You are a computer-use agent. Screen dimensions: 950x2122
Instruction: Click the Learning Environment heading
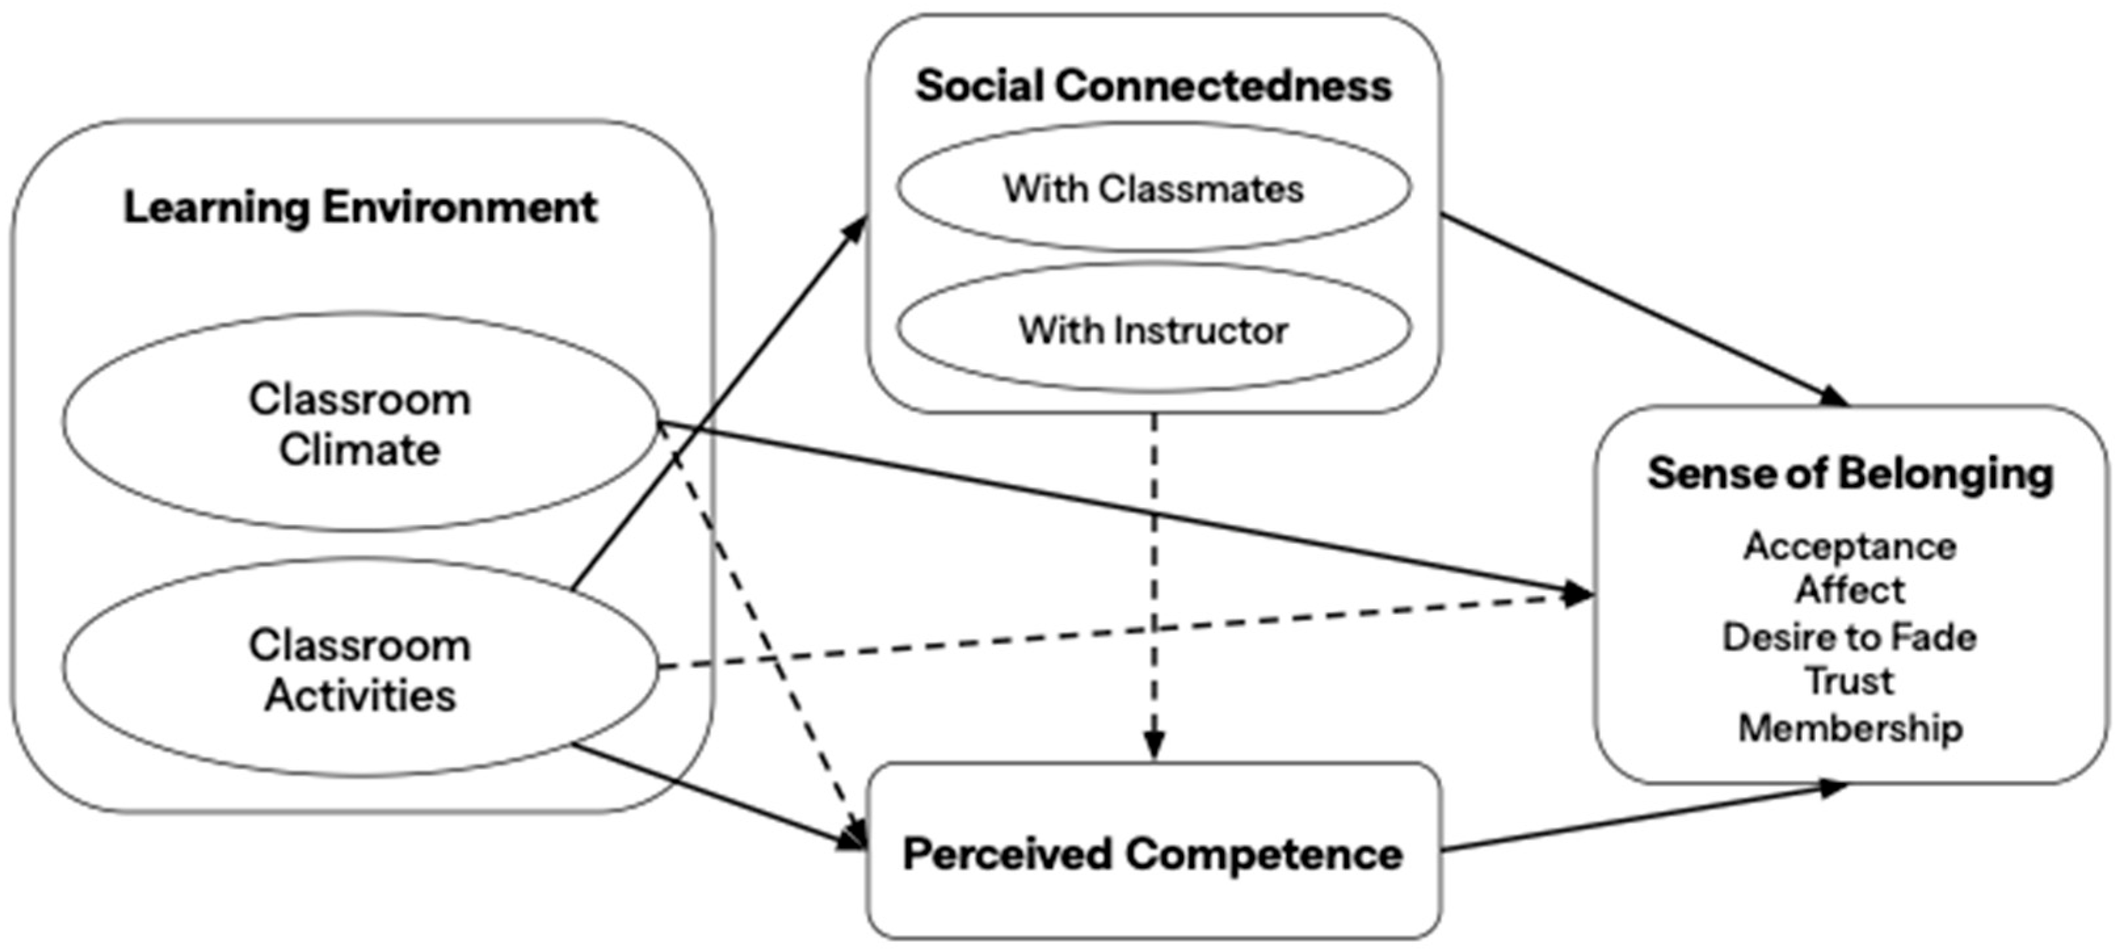point(360,207)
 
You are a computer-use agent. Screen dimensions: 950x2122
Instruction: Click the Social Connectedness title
point(1153,86)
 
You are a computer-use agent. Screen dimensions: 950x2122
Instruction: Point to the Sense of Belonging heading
point(1850,474)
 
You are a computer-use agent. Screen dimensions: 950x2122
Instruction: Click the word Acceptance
point(1850,547)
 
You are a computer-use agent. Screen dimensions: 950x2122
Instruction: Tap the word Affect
point(1850,590)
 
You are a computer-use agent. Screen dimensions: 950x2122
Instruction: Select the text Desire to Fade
point(1850,637)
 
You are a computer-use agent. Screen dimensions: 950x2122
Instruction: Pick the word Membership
point(1850,728)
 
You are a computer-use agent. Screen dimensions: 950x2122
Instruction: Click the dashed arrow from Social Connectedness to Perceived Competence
point(1154,577)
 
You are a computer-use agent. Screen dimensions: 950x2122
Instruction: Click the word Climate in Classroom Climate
point(360,451)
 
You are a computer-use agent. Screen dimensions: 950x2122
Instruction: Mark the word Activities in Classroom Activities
point(360,695)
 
